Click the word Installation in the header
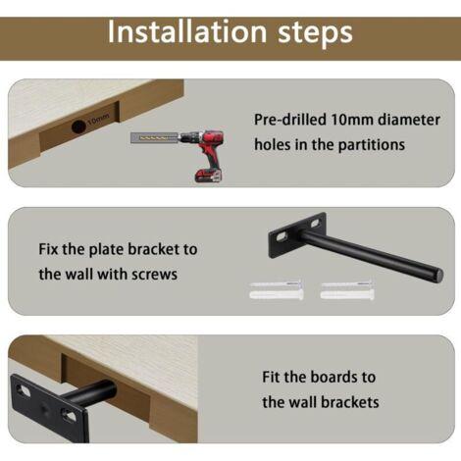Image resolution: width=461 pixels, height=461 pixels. coord(187,31)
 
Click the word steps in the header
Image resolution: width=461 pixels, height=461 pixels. coord(315,33)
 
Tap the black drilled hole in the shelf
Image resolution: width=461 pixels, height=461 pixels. coord(78,127)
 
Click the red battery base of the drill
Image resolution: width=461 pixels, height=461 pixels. coord(208,176)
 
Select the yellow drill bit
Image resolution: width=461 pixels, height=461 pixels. coord(154,138)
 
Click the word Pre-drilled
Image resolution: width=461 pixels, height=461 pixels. coord(290,120)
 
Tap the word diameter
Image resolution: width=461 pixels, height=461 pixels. coord(409,120)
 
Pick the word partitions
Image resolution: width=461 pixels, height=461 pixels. coord(372,144)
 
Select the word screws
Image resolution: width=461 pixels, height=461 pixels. coord(154,275)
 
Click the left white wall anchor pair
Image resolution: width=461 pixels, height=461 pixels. coord(277,290)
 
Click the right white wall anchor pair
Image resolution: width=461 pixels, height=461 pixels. coord(347,290)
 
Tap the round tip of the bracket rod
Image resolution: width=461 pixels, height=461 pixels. coord(438,274)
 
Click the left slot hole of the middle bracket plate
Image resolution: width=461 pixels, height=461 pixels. coord(282,236)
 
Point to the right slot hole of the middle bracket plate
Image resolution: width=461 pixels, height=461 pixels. coord(315,224)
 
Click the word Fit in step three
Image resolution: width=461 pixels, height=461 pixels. coord(271,377)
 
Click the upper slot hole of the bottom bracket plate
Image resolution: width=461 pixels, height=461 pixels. coord(24,389)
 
